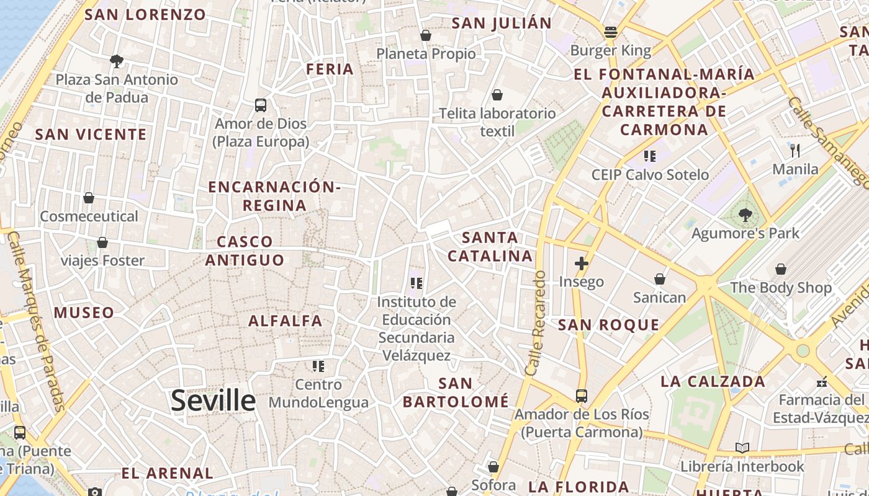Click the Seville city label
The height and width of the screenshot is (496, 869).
[213, 401]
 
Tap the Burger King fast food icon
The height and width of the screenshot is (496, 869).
[611, 32]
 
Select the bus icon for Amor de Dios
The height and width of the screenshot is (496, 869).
[261, 105]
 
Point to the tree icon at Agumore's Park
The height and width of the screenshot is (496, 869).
[745, 215]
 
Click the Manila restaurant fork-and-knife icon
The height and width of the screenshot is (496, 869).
[795, 150]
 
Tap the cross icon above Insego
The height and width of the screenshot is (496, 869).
[581, 264]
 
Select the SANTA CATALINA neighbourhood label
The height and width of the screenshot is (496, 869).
[490, 247]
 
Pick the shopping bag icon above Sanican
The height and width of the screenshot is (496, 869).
[660, 279]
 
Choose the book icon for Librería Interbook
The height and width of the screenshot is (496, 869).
[742, 448]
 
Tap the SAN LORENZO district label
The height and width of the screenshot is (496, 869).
[145, 15]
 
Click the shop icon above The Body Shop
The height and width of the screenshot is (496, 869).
[780, 269]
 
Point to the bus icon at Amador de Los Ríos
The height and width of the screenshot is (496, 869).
[582, 396]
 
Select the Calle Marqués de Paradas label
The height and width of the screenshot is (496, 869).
[37, 322]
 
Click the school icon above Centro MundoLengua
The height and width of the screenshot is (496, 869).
[318, 366]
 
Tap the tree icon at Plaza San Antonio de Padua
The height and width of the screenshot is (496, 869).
[116, 61]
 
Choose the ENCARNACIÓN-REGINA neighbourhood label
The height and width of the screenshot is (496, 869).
[274, 196]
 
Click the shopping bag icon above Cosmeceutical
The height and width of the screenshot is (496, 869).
[89, 198]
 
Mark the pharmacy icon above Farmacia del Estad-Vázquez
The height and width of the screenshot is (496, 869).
[822, 381]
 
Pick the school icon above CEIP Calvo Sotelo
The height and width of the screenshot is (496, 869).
[650, 156]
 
